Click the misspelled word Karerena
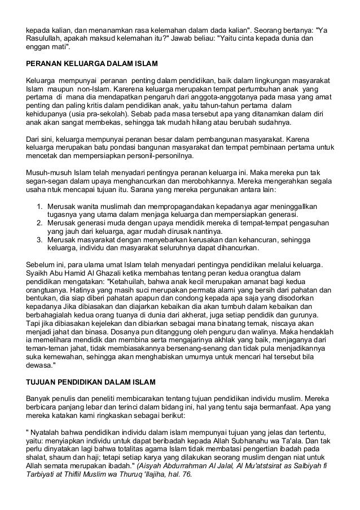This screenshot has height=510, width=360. point(129,89)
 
